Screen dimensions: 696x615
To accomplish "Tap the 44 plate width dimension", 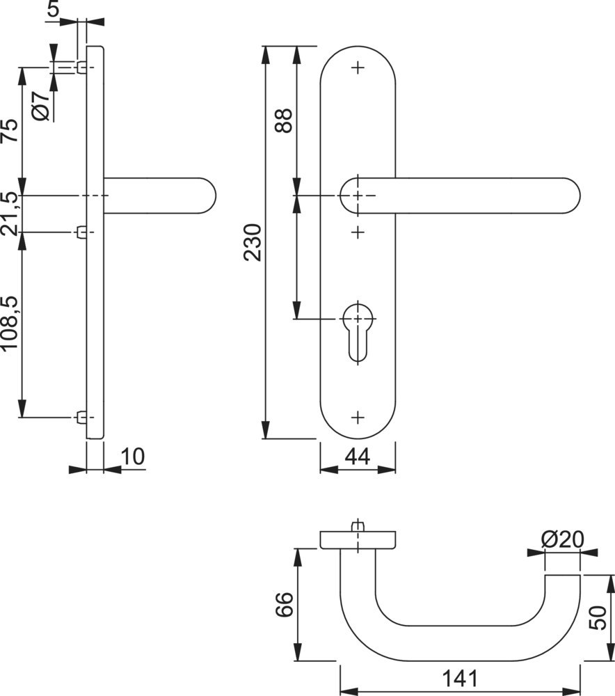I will tap(357, 456).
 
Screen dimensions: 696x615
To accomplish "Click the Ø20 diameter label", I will tap(561, 539).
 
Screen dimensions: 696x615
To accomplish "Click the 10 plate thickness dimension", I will tap(132, 457).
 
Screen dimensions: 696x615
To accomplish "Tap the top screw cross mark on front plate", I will tap(358, 68).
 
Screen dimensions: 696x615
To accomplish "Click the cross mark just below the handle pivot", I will tap(358, 230).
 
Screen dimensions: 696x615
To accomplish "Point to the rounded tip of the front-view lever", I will tap(570, 196).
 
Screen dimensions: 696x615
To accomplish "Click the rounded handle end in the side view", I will tap(207, 196).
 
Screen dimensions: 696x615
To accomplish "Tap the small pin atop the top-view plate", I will tap(358, 526).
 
